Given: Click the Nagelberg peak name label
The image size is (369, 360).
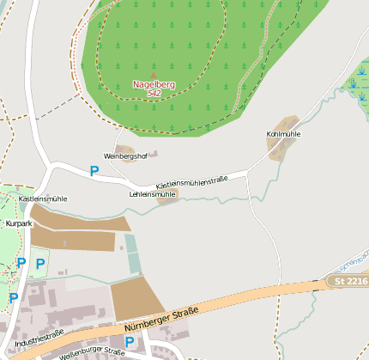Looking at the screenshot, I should pyautogui.click(x=154, y=84).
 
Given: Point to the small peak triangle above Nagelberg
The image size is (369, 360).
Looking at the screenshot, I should pyautogui.click(x=154, y=76).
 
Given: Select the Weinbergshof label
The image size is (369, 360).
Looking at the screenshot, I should pyautogui.click(x=127, y=156).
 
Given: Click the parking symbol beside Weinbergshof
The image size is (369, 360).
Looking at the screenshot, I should pyautogui.click(x=94, y=171).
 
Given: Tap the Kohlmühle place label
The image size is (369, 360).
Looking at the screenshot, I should pyautogui.click(x=284, y=135).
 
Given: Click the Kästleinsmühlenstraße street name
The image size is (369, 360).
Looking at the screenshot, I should pyautogui.click(x=191, y=183).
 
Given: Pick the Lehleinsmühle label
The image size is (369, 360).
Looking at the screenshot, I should pyautogui.click(x=152, y=194).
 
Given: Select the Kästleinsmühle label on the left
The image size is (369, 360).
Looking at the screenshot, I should pyautogui.click(x=43, y=198).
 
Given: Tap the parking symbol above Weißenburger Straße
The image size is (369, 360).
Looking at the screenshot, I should pyautogui.click(x=130, y=341).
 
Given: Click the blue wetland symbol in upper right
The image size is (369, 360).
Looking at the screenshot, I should pyautogui.click(x=354, y=82).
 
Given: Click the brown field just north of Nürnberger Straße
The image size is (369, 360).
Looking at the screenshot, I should pyautogui.click(x=136, y=297).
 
